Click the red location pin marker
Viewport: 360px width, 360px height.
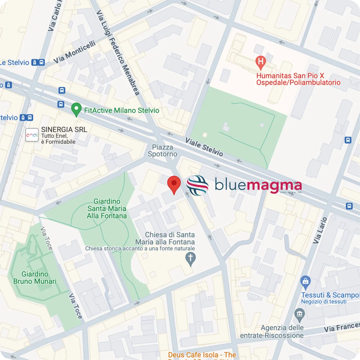point(174,184)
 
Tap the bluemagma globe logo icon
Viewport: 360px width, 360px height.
point(197,185)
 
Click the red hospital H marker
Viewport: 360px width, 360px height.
point(261,62)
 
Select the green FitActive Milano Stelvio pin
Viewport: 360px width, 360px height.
point(76,109)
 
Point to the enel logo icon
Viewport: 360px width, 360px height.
point(32,135)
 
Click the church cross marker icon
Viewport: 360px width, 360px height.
point(191,258)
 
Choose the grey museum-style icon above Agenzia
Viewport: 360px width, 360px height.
point(300,315)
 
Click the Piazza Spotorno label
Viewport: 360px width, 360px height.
point(163,151)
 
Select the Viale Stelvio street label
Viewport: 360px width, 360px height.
point(204,147)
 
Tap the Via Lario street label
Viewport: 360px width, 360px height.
point(320,230)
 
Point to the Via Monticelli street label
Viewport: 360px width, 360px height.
point(75,52)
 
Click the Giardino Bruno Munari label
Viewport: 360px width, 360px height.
point(35,278)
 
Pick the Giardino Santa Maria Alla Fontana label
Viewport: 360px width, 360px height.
point(107,208)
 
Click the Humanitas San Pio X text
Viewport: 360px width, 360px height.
point(290,76)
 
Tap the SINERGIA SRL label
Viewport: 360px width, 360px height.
point(64,130)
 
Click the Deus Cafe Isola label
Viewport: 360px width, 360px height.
point(202,355)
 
